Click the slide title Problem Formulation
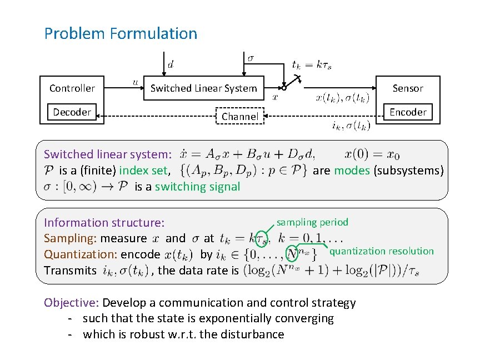coord(121,34)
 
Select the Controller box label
coord(72,88)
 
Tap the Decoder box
coord(72,112)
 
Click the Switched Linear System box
coord(204,88)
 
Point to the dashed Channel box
coord(240,116)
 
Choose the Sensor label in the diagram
coord(408,88)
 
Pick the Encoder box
coord(408,112)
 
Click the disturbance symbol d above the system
coord(170,65)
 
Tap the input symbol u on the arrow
coord(136,82)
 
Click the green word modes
coord(352,171)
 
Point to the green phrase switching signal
coord(197,187)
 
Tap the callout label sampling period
coord(312,222)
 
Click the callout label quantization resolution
coord(381,251)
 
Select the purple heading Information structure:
coord(104,223)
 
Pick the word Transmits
coord(70,271)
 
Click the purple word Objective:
coord(71,303)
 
